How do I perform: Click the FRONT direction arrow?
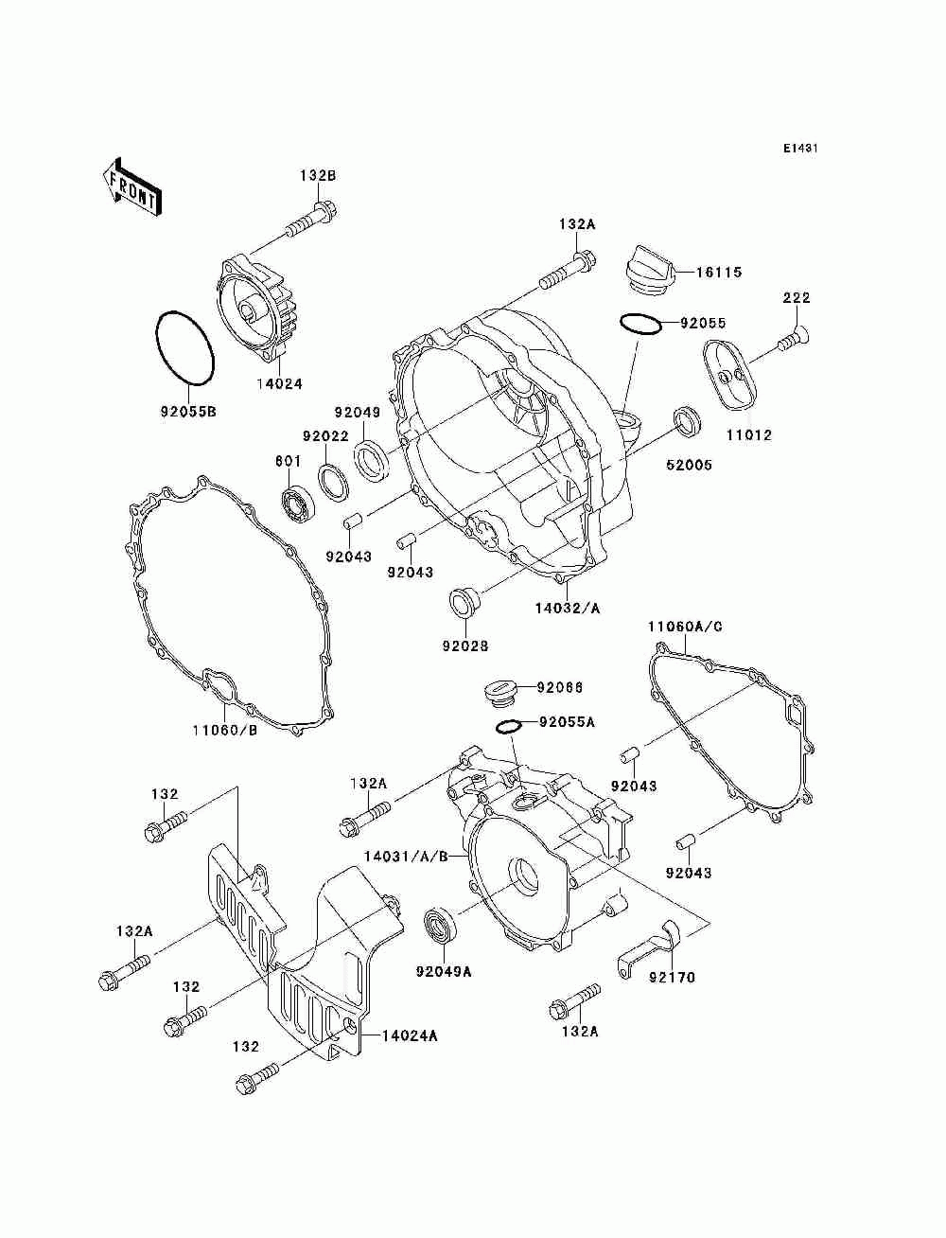tap(131, 186)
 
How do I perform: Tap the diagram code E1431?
tap(800, 149)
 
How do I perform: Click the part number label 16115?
tap(719, 273)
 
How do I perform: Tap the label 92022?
tap(325, 436)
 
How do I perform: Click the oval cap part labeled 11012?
tap(729, 375)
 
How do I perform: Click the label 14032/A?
tap(568, 608)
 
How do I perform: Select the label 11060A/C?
tap(685, 627)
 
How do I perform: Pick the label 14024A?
tap(410, 1036)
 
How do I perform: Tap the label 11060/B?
tap(225, 731)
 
